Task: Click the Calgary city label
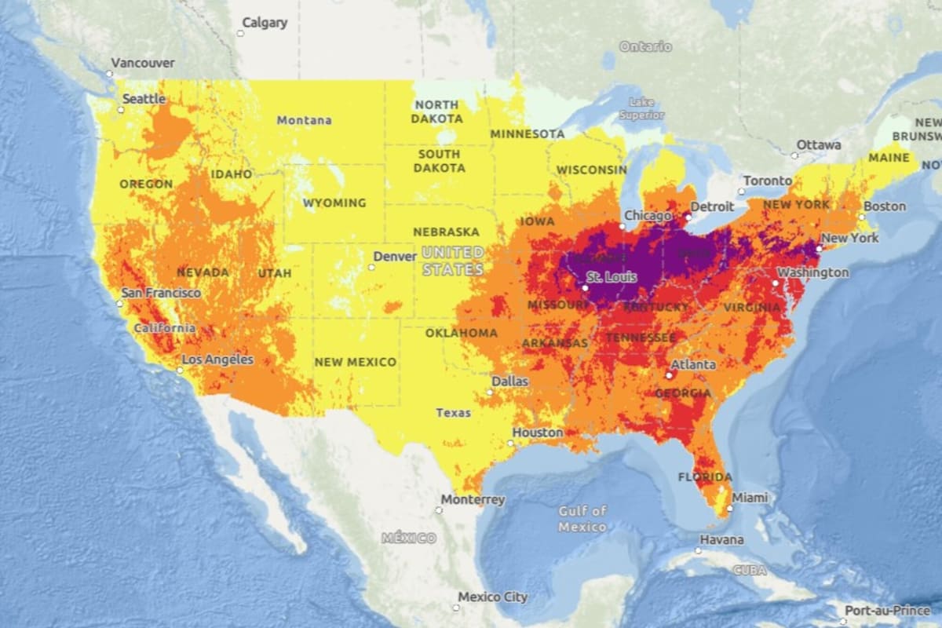(265, 23)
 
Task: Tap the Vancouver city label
(143, 63)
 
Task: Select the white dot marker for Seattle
(121, 110)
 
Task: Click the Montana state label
(304, 120)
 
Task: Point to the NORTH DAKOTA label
(438, 111)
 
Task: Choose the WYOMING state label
(334, 203)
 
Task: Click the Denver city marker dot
(371, 267)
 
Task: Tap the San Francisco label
(161, 293)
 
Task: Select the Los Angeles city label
(217, 360)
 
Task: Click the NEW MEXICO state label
(355, 362)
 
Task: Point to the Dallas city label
(510, 382)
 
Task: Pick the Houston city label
(538, 433)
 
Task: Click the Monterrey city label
(473, 499)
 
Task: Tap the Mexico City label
(493, 597)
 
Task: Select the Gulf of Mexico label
(582, 518)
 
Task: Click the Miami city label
(750, 498)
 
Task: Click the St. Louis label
(612, 277)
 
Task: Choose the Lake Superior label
(642, 108)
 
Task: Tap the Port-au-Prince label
(887, 611)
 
